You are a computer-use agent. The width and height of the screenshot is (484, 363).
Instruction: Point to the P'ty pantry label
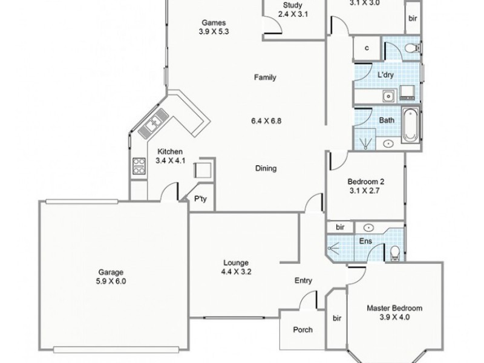pos(198,198)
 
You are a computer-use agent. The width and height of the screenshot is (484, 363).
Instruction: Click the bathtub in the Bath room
pos(410,123)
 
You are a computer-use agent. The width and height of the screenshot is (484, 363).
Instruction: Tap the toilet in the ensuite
pos(395,251)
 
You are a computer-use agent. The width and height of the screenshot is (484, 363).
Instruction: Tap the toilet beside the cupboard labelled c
pos(411,48)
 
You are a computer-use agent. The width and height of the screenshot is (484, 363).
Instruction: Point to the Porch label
pos(302,330)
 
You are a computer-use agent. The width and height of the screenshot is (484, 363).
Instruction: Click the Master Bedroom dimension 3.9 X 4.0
pos(394,317)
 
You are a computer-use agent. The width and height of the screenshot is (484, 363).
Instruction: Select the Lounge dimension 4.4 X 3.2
pos(236,272)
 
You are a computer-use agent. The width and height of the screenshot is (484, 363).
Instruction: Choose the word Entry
pos(302,280)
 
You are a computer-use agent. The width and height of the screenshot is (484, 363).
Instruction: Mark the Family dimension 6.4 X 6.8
pos(265,120)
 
